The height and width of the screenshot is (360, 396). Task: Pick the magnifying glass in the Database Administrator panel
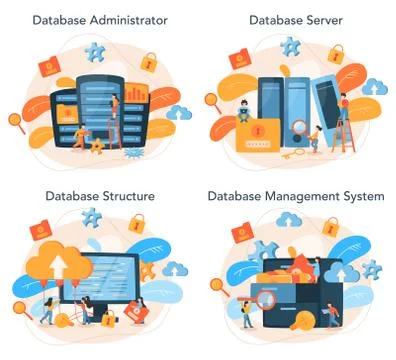(17, 121)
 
